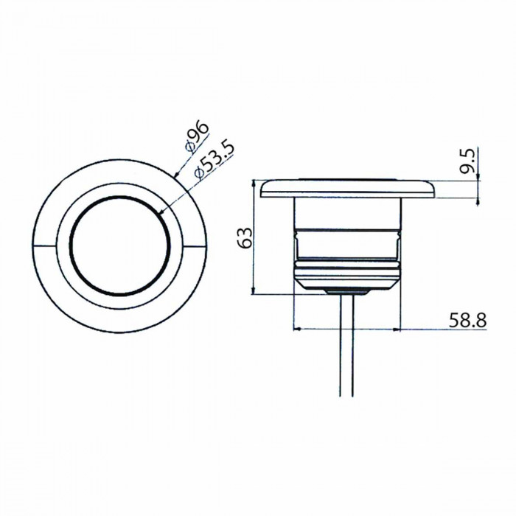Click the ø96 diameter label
click(197, 137)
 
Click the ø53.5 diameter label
click(215, 161)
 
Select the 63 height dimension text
click(245, 237)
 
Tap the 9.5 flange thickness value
click(467, 161)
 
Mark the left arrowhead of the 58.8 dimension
click(296, 329)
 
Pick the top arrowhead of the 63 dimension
click(253, 184)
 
